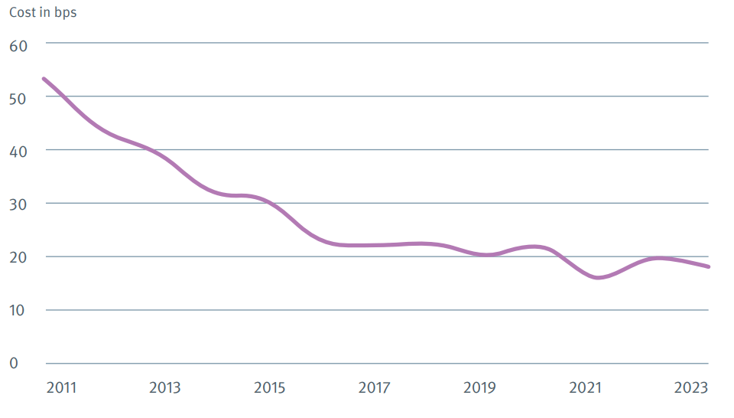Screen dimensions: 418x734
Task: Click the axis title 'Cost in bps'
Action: point(43,12)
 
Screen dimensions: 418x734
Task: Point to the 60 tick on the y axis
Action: point(18,45)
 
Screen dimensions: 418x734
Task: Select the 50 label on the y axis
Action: point(18,99)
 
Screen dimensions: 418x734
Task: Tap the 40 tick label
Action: point(18,152)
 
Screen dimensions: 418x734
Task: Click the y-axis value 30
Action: point(18,205)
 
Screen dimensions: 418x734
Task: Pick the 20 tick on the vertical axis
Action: point(18,258)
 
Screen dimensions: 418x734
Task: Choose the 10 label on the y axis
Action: point(18,311)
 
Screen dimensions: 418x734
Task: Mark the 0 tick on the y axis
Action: point(14,363)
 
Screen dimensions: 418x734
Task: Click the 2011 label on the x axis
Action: point(62,388)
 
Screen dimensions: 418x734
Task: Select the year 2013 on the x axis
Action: point(165,388)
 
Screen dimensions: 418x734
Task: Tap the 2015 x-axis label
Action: point(269,388)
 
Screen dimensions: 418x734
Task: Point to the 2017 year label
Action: point(374,388)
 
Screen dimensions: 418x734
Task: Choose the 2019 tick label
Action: point(479,388)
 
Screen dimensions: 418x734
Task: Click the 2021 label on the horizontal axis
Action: point(585,388)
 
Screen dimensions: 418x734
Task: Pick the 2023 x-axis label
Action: point(690,388)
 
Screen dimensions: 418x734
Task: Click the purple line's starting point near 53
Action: point(44,79)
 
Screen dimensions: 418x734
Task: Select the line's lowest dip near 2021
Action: point(598,277)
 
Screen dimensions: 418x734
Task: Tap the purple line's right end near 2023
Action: point(709,266)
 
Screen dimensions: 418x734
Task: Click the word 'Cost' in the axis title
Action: point(22,12)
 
